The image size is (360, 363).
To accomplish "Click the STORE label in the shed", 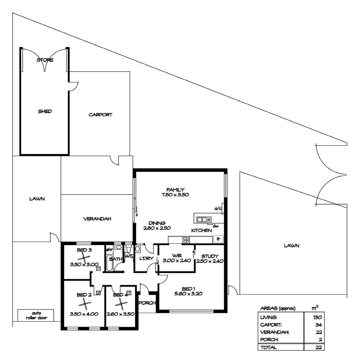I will coord(45,60).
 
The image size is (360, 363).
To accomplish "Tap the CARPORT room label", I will coord(100,115).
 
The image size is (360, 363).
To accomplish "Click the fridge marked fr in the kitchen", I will coord(218,239).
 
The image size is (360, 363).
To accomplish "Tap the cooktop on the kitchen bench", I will coord(186,240).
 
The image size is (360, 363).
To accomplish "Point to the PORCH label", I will coord(147,302).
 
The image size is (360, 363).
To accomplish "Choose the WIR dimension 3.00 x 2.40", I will coord(176,260).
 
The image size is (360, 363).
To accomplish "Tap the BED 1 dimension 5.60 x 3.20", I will coord(188,293).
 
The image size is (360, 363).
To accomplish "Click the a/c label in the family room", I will coord(218,209).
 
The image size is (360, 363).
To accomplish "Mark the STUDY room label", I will coord(210,256).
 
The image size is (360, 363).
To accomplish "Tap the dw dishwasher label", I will coord(215,226).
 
